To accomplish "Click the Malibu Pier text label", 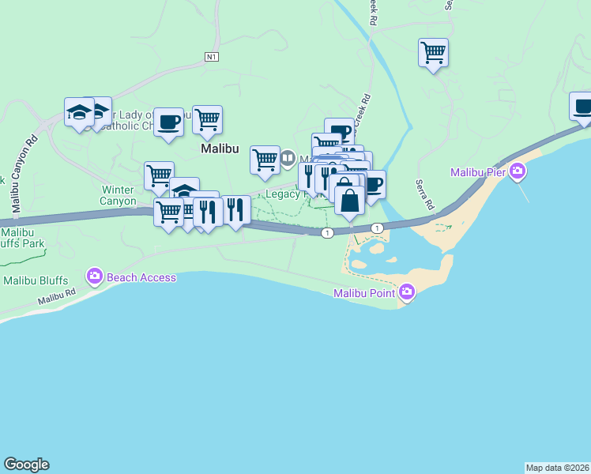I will [479, 172].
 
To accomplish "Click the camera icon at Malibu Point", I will [407, 293].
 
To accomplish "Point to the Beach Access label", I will [141, 277].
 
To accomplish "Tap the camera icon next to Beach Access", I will [95, 276].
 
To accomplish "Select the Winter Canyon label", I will [118, 195].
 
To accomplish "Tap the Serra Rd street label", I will [424, 194].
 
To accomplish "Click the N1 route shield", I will [211, 57].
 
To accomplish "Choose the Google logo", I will [26, 465].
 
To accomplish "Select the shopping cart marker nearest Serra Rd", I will [433, 53].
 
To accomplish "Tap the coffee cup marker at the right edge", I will [582, 106].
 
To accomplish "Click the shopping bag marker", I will [350, 199].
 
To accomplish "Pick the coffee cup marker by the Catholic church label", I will [169, 122].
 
